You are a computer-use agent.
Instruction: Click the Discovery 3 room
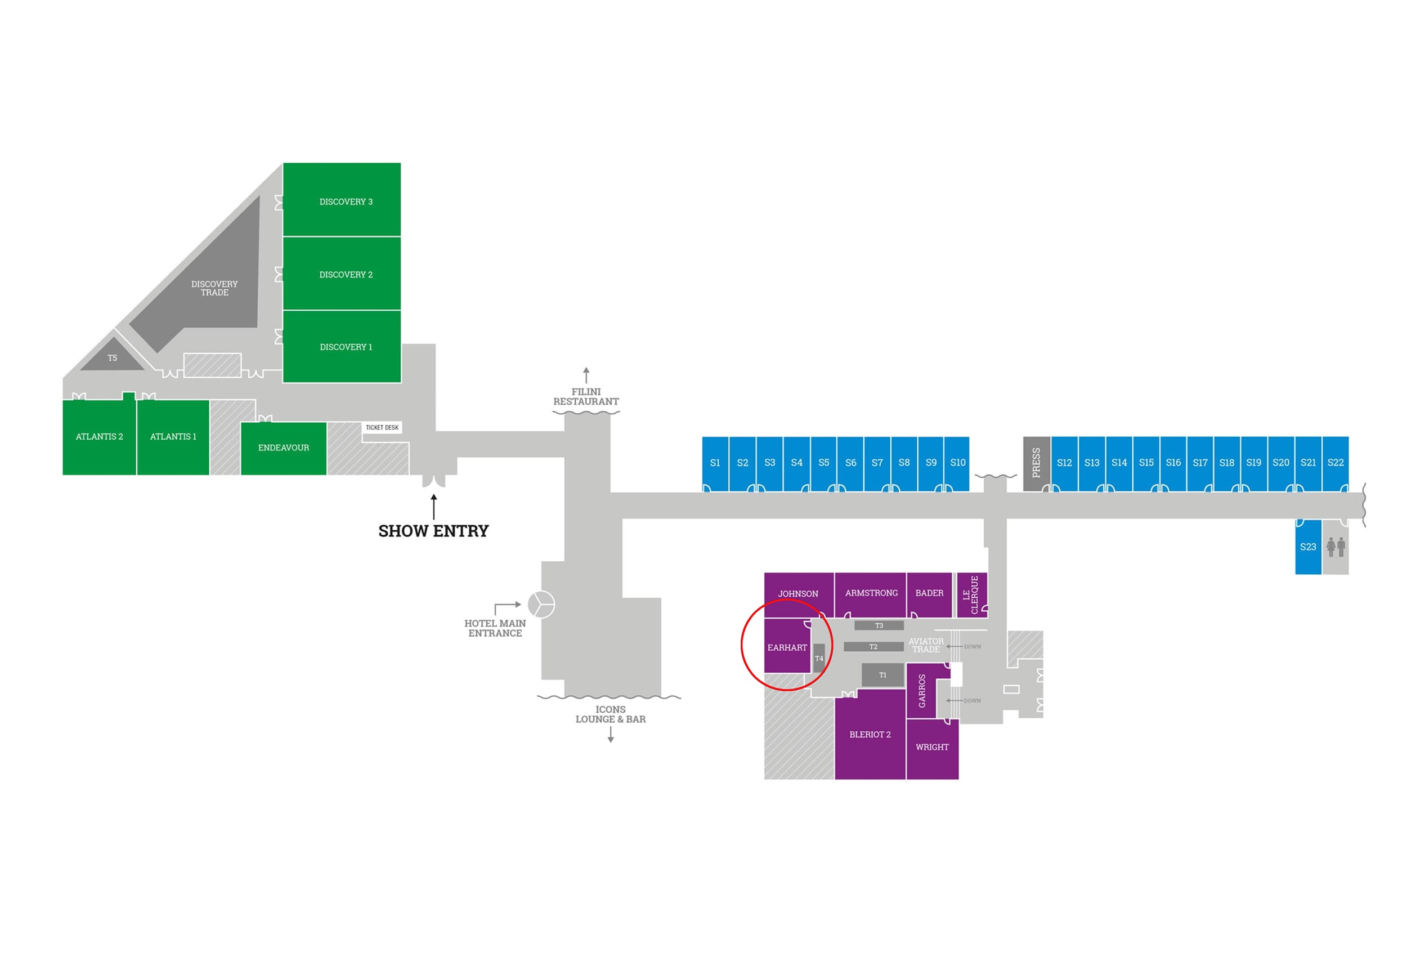click(x=342, y=199)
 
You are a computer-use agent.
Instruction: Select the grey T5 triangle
click(x=113, y=356)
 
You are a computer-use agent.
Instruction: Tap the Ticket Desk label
click(x=382, y=427)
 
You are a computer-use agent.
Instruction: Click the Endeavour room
click(x=283, y=448)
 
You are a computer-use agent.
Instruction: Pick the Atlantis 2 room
click(x=99, y=437)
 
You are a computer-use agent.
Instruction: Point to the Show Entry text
click(x=433, y=531)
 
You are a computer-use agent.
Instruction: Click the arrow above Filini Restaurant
click(x=586, y=375)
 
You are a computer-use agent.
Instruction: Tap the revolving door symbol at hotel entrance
click(x=541, y=604)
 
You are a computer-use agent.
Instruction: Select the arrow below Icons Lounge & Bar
click(x=610, y=735)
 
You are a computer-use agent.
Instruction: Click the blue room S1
click(x=715, y=463)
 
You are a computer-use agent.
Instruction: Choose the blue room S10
click(x=957, y=463)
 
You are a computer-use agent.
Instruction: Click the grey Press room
click(x=1036, y=463)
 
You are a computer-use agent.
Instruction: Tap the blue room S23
click(x=1308, y=547)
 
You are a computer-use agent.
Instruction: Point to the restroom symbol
click(x=1336, y=547)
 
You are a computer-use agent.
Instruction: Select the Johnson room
click(x=799, y=594)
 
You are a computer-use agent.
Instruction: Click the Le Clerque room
click(x=972, y=594)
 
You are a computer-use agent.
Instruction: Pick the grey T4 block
click(x=818, y=658)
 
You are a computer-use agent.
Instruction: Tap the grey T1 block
click(x=882, y=675)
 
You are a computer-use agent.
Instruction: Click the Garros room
click(x=921, y=691)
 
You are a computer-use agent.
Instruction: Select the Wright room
click(x=933, y=748)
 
